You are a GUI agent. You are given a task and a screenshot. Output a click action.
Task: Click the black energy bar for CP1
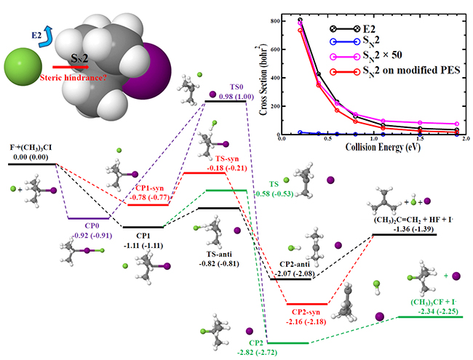pyautogui.click(x=143, y=227)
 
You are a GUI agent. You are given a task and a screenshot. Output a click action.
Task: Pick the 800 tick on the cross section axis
pyautogui.click(x=286, y=20)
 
